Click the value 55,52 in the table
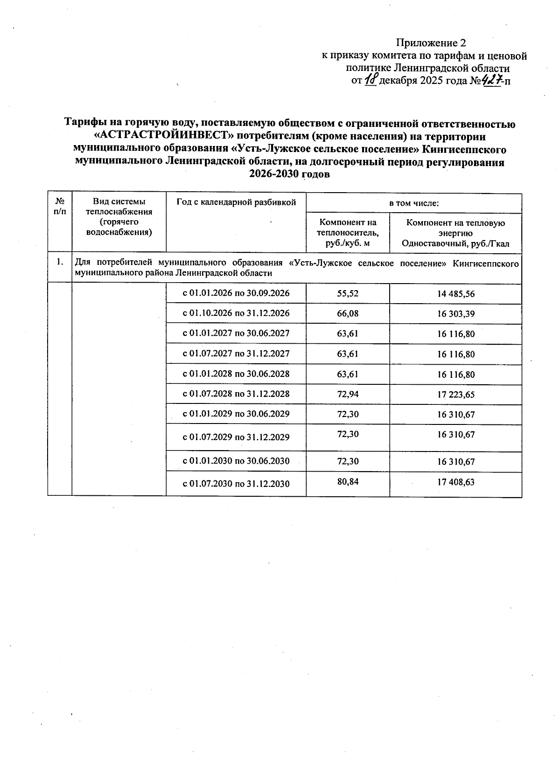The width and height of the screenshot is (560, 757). [x=348, y=293]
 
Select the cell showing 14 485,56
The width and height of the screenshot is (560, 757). [x=455, y=294]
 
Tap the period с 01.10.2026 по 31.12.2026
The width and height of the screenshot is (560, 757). [x=236, y=313]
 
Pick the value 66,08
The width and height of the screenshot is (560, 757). [x=348, y=313]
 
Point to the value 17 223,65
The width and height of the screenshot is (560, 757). [x=455, y=395]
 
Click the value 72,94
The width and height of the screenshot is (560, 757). [x=348, y=394]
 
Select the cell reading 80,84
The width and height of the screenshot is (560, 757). [x=348, y=481]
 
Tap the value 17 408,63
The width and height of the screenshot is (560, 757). [x=455, y=482]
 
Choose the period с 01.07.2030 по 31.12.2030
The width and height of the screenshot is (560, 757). [x=236, y=484]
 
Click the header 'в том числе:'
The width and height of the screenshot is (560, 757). [x=414, y=203]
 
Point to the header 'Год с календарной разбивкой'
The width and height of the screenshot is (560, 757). [x=236, y=202]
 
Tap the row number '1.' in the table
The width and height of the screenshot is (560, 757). [x=60, y=262]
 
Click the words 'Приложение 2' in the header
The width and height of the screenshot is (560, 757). [x=431, y=43]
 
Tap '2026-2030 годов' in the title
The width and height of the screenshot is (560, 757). [x=289, y=174]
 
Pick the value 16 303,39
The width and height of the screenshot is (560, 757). [x=455, y=314]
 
